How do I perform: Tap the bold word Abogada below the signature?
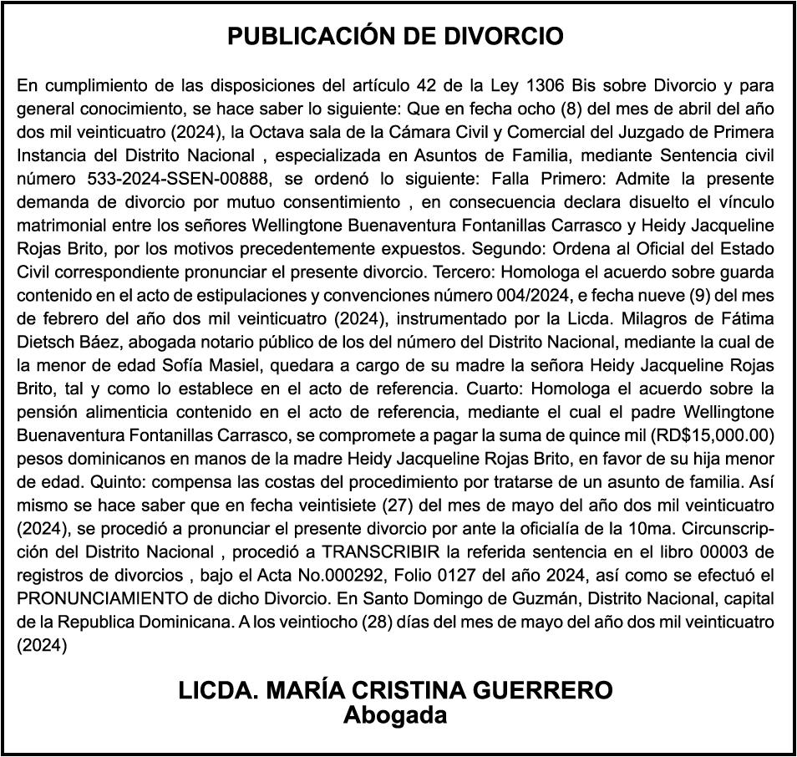(395, 715)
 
